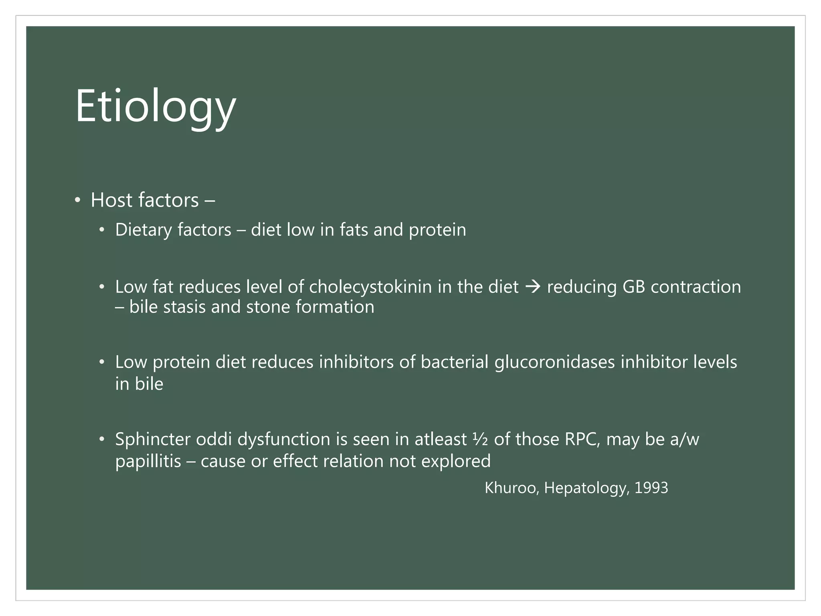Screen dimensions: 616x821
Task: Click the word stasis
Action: click(x=184, y=307)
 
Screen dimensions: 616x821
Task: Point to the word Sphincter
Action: click(x=153, y=439)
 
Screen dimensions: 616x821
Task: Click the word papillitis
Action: click(x=148, y=461)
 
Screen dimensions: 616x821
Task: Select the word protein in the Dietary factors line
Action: click(x=437, y=230)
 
